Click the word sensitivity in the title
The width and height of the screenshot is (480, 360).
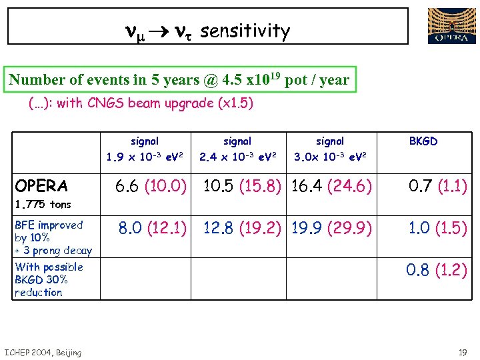point(245,31)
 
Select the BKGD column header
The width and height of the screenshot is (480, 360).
point(423,141)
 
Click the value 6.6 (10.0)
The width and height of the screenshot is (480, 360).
point(151,187)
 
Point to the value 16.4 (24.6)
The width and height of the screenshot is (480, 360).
point(331,187)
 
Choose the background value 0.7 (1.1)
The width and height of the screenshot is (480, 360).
point(438,187)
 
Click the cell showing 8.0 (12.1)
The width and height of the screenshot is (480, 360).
point(153,229)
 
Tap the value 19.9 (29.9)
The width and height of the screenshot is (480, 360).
point(331,229)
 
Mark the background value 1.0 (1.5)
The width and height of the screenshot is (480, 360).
point(438,229)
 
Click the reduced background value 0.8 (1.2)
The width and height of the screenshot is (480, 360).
point(437,271)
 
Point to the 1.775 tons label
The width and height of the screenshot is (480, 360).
point(43,204)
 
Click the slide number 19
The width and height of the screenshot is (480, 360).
point(462,352)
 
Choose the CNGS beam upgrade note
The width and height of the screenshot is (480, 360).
point(141,104)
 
